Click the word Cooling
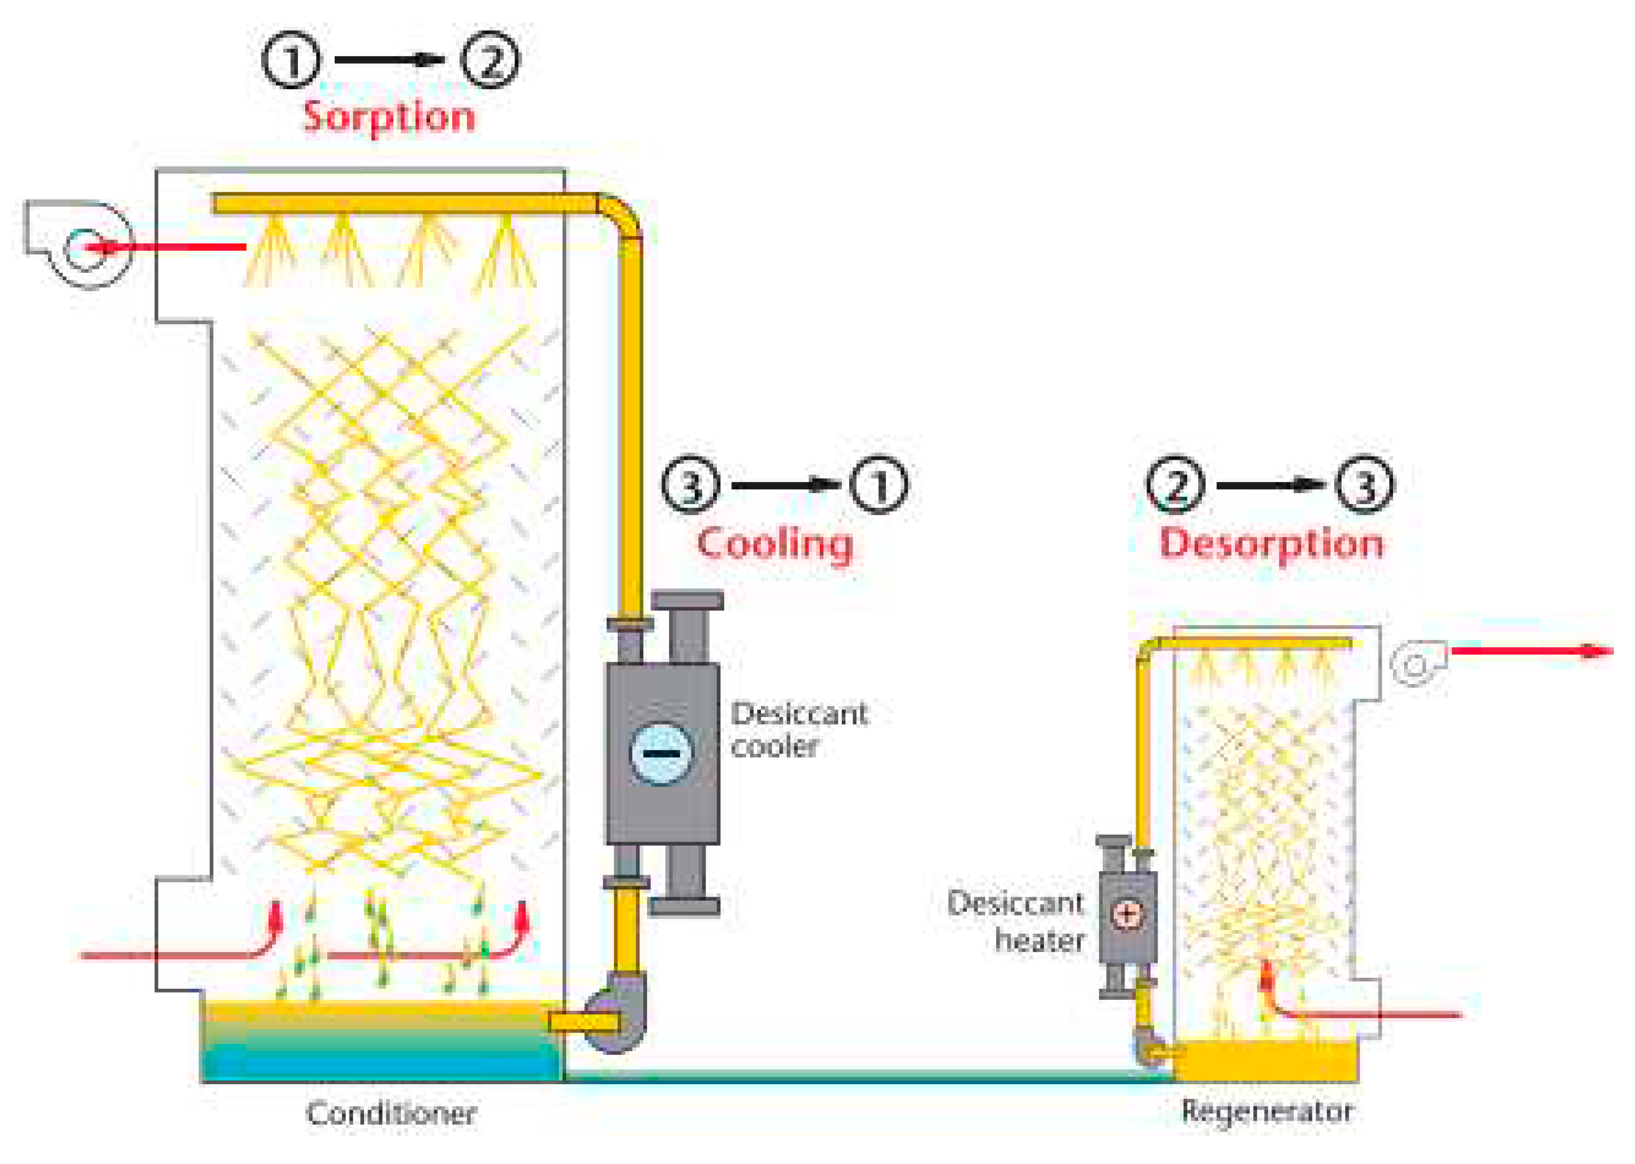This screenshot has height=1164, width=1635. pos(774,544)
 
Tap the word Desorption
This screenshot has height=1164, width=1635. pos(1271,543)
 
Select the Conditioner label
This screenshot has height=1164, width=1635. pos(391,1113)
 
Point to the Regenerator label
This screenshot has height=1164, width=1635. pos(1267,1111)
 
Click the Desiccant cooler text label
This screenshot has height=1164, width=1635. pos(799,730)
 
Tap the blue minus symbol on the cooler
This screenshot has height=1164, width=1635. pos(660,753)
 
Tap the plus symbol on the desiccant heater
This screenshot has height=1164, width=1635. pos(1127,914)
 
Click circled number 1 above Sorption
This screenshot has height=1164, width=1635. pos(291,60)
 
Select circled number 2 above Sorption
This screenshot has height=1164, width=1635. pos(490,60)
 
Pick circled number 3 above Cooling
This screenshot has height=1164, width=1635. pos(690,485)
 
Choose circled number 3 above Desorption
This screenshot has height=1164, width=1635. pos(1365,485)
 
